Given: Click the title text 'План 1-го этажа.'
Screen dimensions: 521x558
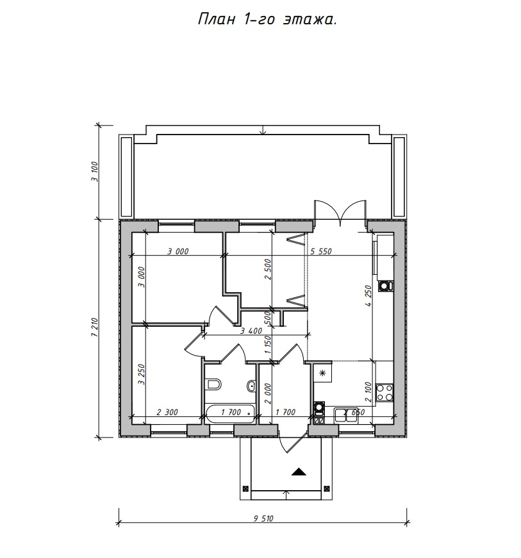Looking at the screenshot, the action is pyautogui.click(x=267, y=20).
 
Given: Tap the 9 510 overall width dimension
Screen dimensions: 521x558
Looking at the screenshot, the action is pyautogui.click(x=263, y=518).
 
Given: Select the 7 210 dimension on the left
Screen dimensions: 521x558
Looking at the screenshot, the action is pyautogui.click(x=94, y=327).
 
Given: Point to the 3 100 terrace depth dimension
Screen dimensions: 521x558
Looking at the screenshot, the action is pyautogui.click(x=94, y=172).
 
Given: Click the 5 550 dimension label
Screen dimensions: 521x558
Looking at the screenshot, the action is pyautogui.click(x=320, y=251).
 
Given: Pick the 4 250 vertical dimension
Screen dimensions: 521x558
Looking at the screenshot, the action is pyautogui.click(x=368, y=296).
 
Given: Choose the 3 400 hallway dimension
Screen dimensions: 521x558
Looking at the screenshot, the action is pyautogui.click(x=251, y=331).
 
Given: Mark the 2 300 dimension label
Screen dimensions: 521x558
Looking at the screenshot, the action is pyautogui.click(x=167, y=412).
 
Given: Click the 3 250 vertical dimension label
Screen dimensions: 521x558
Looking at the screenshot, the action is pyautogui.click(x=142, y=374).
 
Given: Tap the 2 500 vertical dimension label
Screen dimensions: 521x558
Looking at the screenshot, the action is pyautogui.click(x=268, y=270).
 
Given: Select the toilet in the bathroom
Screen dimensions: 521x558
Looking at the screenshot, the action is pyautogui.click(x=213, y=384).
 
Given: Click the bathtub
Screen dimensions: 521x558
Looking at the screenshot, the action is pyautogui.click(x=231, y=413).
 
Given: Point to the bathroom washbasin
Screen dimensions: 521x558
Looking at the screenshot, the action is pyautogui.click(x=251, y=386).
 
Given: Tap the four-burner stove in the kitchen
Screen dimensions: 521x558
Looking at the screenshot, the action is pyautogui.click(x=385, y=393).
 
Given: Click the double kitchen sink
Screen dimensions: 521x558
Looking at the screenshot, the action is pyautogui.click(x=346, y=415).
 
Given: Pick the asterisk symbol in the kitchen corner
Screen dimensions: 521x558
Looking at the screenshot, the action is pyautogui.click(x=323, y=373).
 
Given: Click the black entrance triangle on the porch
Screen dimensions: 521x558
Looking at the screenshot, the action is pyautogui.click(x=299, y=472).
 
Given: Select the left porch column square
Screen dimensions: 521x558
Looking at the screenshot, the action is pyautogui.click(x=245, y=488).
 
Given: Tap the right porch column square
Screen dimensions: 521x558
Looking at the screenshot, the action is pyautogui.click(x=327, y=488).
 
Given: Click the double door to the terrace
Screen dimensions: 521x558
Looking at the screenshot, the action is pyautogui.click(x=340, y=213).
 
